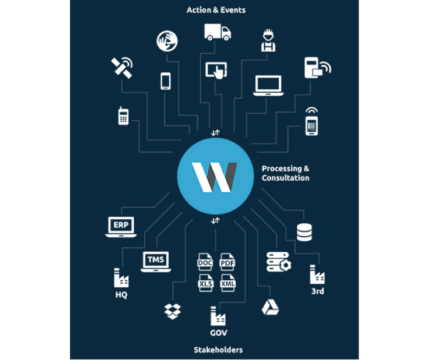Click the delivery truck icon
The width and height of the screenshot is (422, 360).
point(217,32)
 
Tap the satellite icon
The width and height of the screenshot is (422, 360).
point(122,67)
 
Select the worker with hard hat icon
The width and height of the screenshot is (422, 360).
point(268,40)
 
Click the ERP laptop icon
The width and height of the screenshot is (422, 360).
point(121,227)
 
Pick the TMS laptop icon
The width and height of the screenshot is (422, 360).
point(156,261)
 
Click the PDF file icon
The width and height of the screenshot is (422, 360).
point(227,261)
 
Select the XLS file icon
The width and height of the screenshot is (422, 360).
point(206,283)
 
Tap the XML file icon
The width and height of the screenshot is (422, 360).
point(227,283)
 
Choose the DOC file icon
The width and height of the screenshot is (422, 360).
point(205,261)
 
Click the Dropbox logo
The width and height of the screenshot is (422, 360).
point(172,311)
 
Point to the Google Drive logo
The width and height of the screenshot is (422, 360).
point(270,307)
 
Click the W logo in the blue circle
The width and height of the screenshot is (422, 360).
point(215,177)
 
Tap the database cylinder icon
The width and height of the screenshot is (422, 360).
point(304,232)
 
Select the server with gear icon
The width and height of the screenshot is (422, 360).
point(279,262)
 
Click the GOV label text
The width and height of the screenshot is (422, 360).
point(219,333)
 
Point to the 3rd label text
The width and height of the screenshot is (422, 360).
point(318,291)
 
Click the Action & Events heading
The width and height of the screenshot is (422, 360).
point(216,10)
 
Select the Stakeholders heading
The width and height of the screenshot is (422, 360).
point(218,350)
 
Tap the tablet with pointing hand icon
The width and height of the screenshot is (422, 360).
point(216,70)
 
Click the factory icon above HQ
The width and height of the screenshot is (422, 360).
point(121,277)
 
